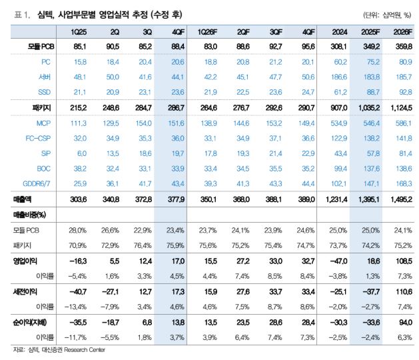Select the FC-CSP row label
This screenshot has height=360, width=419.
click(x=37, y=138)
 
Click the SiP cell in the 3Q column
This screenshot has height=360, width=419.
click(x=135, y=153)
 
